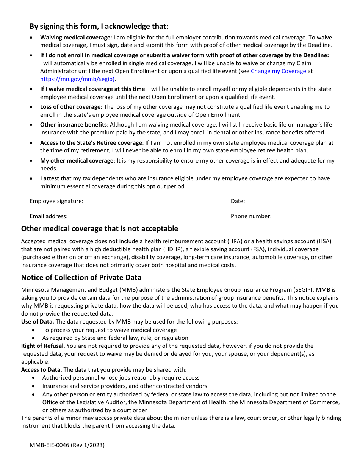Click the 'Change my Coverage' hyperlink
click(x=278, y=71)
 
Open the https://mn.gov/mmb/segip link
click(x=78, y=79)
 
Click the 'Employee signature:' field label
click(x=56, y=201)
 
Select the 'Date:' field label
click(x=238, y=201)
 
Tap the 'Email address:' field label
click(x=49, y=216)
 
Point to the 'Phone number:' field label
click(x=251, y=216)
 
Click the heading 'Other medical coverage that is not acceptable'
click(x=99, y=228)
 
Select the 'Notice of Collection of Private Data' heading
click(x=81, y=278)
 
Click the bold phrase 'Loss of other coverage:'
click(x=71, y=107)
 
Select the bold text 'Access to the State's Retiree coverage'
click(x=91, y=143)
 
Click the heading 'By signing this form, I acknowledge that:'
click(x=99, y=27)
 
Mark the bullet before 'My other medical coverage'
click(x=31, y=161)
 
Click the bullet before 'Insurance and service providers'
click(x=34, y=386)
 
